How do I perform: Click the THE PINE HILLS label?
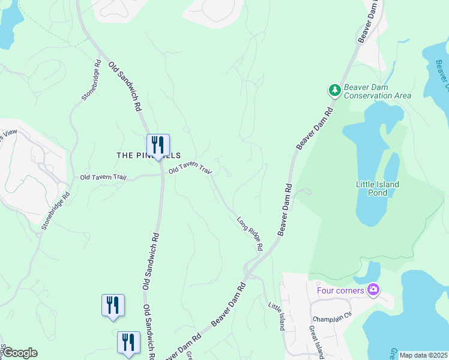pyautogui.click(x=148, y=155)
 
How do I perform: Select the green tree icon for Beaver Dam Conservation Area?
pyautogui.click(x=334, y=91)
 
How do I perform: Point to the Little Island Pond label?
pyautogui.click(x=377, y=188)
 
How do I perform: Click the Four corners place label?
pyautogui.click(x=340, y=291)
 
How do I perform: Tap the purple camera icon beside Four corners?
pyautogui.click(x=373, y=290)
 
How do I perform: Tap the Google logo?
pyautogui.click(x=20, y=353)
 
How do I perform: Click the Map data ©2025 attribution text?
pyautogui.click(x=423, y=355)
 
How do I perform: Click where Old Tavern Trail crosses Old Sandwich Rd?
pyautogui.click(x=161, y=175)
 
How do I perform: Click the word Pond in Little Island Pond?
pyautogui.click(x=378, y=193)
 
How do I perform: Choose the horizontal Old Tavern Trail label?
pyautogui.click(x=103, y=178)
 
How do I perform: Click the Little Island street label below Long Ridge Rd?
pyautogui.click(x=275, y=316)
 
